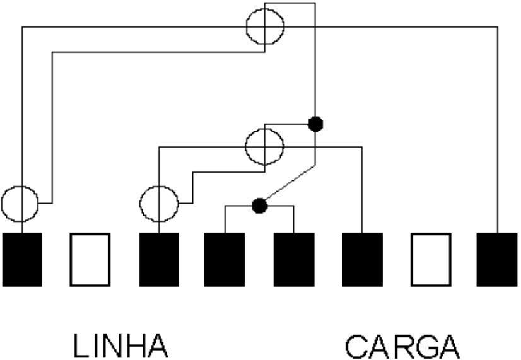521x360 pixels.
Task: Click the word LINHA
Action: (x=120, y=345)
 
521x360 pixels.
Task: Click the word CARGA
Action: (x=402, y=347)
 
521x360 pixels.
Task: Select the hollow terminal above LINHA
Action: (x=90, y=259)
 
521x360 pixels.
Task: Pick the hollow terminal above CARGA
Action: (x=431, y=259)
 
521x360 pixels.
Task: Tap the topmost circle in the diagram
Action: (x=246, y=26)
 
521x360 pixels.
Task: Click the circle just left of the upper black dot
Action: (x=245, y=146)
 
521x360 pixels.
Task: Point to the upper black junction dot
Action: (x=315, y=124)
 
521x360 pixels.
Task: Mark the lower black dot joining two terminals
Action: (x=259, y=206)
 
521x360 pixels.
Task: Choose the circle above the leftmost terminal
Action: (x=2, y=204)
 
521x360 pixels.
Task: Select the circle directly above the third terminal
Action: (x=140, y=204)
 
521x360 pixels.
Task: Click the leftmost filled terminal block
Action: (x=22, y=259)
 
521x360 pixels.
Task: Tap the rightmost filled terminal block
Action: (x=497, y=259)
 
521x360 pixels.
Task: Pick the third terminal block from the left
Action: (x=159, y=259)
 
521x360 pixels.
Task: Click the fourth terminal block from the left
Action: (x=225, y=259)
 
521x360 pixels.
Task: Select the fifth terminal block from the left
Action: (x=294, y=259)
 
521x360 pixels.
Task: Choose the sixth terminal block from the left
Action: (x=363, y=259)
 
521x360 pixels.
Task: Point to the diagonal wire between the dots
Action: (x=291, y=182)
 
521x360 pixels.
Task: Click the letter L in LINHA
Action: (x=81, y=345)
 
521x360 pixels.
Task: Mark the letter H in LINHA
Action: (x=133, y=345)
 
